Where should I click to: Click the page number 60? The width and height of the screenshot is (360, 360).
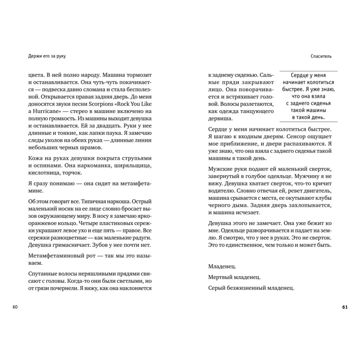(x=15, y=307)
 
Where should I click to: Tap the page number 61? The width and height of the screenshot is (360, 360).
(x=345, y=307)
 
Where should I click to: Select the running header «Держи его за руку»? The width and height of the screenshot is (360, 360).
(x=49, y=56)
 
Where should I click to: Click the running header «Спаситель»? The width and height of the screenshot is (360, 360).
(x=321, y=56)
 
